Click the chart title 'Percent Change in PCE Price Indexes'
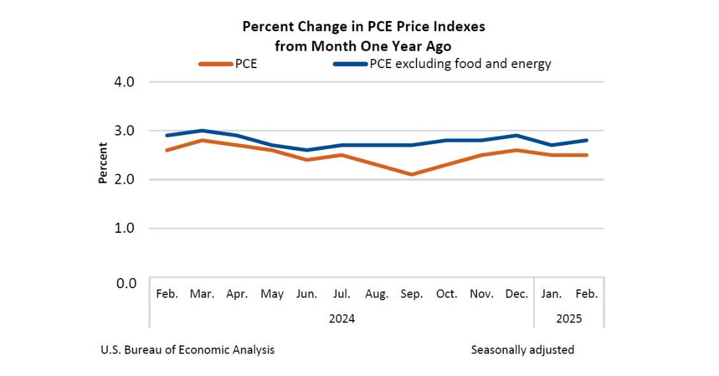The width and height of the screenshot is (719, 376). coord(364,27)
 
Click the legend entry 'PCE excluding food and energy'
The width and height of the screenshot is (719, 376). coord(443,64)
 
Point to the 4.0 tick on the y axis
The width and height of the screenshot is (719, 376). coord(124,81)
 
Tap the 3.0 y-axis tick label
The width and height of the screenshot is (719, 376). coord(124,130)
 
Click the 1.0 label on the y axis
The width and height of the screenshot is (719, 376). coord(124,228)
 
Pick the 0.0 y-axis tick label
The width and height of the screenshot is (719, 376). coord(124,282)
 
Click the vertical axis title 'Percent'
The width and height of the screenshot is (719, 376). coord(103,162)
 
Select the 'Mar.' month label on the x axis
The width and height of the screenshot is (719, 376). coord(202,294)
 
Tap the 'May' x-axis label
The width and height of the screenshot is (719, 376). coord(272,294)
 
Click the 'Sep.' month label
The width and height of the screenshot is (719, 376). coord(411,294)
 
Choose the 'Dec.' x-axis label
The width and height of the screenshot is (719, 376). coord(516,294)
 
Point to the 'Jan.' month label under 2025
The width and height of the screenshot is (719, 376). coord(552,294)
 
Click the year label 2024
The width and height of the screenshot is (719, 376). coord(341,318)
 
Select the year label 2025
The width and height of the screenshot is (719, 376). coord(569,318)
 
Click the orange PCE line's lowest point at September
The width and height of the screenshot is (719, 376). coord(412,174)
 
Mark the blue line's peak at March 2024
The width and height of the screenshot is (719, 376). coord(202,130)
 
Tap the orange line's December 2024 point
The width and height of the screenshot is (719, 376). coord(516,150)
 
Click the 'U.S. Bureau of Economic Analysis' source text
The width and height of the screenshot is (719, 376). coord(188,350)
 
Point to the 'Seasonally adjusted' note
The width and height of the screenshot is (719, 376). coord(522,350)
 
